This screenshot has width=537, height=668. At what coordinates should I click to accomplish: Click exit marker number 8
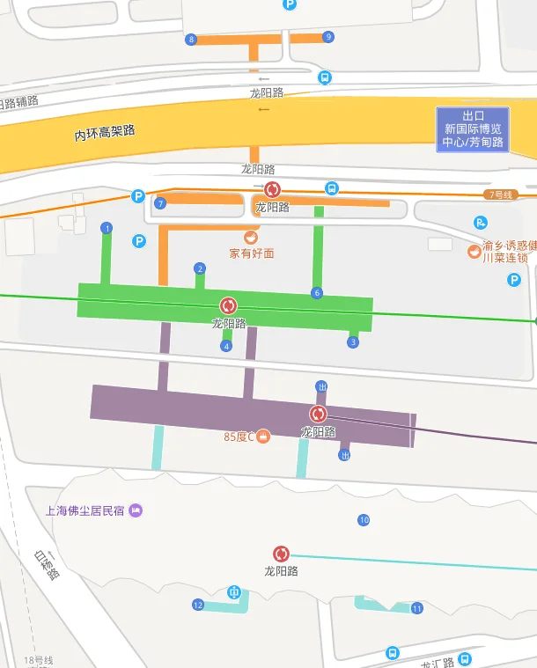pos(191,39)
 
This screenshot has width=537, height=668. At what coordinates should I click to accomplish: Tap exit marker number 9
pos(328,37)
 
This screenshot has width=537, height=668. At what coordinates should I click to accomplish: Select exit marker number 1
pos(107,228)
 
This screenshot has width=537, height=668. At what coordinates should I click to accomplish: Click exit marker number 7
pos(160,203)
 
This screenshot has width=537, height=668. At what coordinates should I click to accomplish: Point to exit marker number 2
pos(200,268)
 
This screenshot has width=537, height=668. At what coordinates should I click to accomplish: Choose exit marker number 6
pos(317,293)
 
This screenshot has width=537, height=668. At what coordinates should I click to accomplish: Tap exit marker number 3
pos(353,341)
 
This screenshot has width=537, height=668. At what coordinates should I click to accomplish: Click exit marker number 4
pos(226,346)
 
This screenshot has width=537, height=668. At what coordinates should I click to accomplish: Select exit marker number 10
pos(364,520)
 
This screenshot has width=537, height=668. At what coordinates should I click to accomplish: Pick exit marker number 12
pos(198,605)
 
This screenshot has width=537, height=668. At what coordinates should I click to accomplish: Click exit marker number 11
pos(417,608)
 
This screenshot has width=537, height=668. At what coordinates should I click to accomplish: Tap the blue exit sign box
pos(474,129)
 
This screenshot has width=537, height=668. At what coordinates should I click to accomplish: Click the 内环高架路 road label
pos(105,133)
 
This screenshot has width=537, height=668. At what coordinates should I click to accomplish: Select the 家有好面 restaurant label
pos(252,253)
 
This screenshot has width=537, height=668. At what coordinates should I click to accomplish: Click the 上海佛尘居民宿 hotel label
pos(86,510)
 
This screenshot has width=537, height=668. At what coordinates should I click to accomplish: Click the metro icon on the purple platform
pos(317,414)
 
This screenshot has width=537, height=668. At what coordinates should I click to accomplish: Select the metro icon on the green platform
pos(229,305)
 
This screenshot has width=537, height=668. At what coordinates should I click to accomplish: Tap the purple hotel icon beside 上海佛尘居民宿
pos(136,510)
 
